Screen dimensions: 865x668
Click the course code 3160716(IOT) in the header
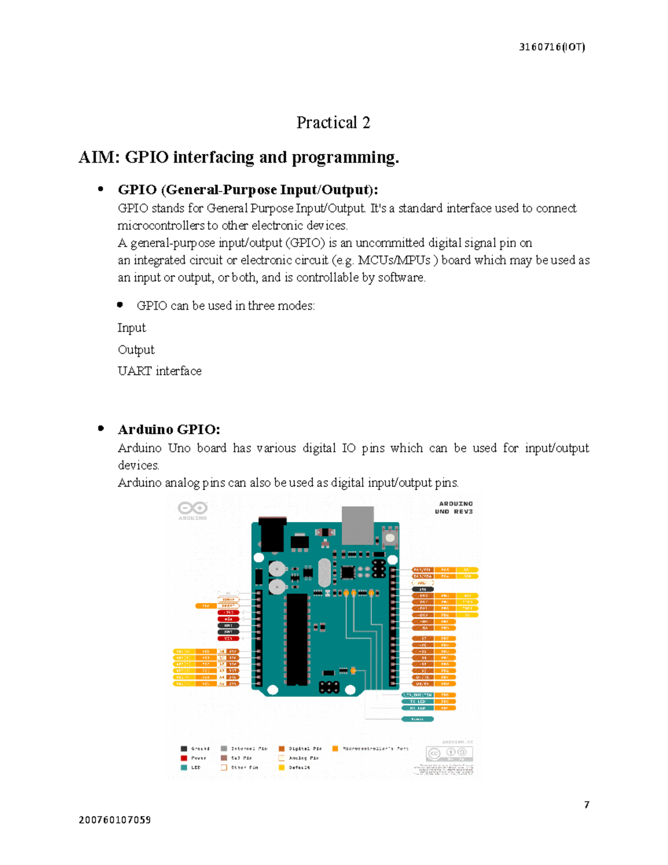click(x=551, y=47)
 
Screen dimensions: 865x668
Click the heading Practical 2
click(x=333, y=123)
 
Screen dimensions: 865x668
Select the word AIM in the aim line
click(x=99, y=158)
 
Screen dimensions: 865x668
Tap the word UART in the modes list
click(x=134, y=371)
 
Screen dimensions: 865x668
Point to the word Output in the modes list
click(x=136, y=350)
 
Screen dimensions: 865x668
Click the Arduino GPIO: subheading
click(x=169, y=429)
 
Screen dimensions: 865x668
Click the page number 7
click(x=586, y=804)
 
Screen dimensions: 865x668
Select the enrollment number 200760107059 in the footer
click(x=115, y=820)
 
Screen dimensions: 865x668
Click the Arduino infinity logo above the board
click(x=192, y=508)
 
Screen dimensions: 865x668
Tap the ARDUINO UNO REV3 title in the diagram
click(x=454, y=507)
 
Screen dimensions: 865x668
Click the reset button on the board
click(x=390, y=538)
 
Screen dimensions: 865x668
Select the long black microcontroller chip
click(x=297, y=639)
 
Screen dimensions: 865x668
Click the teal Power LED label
click(x=417, y=719)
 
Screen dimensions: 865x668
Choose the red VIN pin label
click(x=228, y=638)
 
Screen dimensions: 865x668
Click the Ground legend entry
click(x=195, y=749)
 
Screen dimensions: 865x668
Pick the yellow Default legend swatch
click(x=282, y=768)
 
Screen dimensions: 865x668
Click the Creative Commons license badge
click(x=450, y=754)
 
